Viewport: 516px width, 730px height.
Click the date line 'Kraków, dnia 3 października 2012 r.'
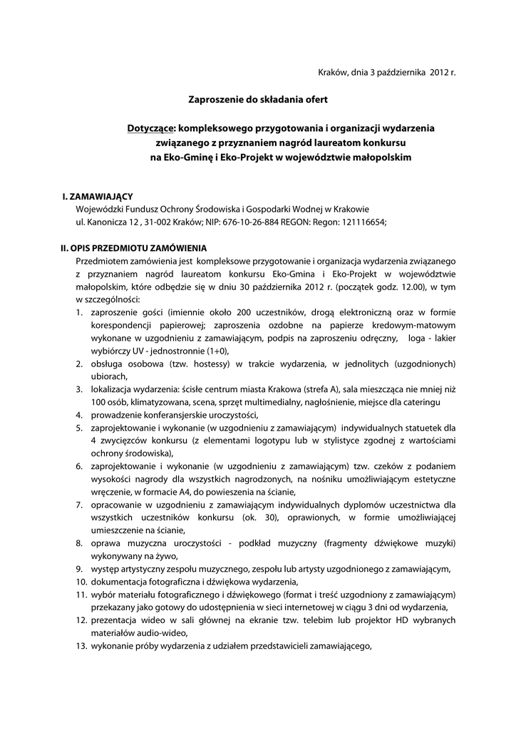tap(386, 73)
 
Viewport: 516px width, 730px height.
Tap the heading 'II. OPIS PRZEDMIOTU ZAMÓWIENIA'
tap(133, 248)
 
